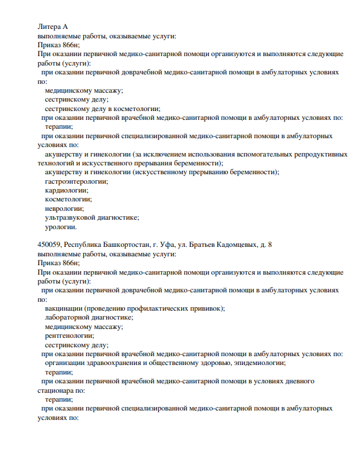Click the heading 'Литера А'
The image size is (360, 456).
click(x=53, y=27)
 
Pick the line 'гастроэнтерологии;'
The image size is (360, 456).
click(x=76, y=181)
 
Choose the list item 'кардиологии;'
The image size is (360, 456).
click(x=66, y=190)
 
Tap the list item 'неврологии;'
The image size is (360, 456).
click(x=64, y=208)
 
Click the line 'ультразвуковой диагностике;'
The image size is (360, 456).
click(x=91, y=217)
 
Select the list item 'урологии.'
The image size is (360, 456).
click(x=61, y=226)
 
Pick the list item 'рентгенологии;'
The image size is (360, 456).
click(x=69, y=336)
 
